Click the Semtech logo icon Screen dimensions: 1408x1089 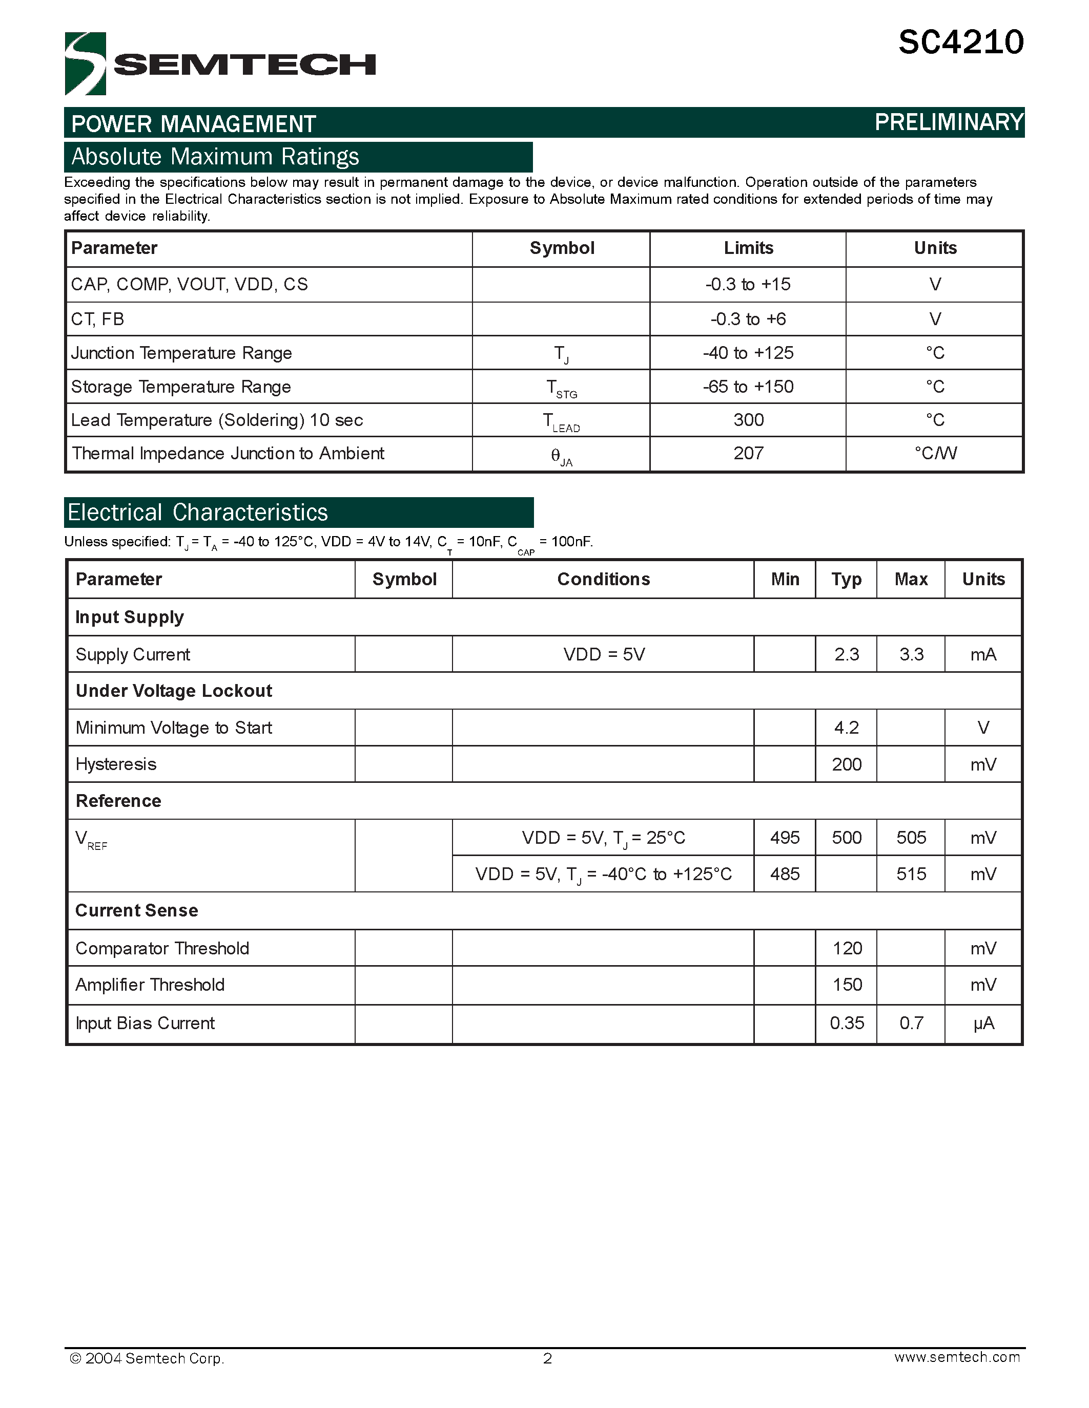tap(85, 64)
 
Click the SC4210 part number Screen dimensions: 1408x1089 tap(960, 43)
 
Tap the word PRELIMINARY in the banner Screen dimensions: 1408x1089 tap(949, 122)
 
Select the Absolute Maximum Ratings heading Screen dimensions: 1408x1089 tap(215, 157)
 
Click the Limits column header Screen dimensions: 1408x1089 tap(748, 248)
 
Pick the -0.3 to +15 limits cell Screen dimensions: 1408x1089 tap(748, 284)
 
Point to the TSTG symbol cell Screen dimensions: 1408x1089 tap(561, 388)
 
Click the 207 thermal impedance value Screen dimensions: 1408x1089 tap(748, 453)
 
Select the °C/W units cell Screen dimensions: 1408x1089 tap(935, 453)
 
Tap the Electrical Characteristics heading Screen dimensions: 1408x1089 tap(197, 513)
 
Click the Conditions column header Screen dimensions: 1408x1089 tap(603, 579)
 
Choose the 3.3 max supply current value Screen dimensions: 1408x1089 tap(911, 654)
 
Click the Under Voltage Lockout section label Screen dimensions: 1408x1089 tap(174, 691)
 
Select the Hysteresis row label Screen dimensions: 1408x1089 tap(116, 764)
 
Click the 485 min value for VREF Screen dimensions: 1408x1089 tap(785, 874)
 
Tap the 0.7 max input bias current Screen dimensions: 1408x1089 tap(911, 1023)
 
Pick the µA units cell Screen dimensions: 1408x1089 tap(983, 1023)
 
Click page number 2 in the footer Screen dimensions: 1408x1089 tap(547, 1358)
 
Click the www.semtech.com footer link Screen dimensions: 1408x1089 tap(957, 1357)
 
